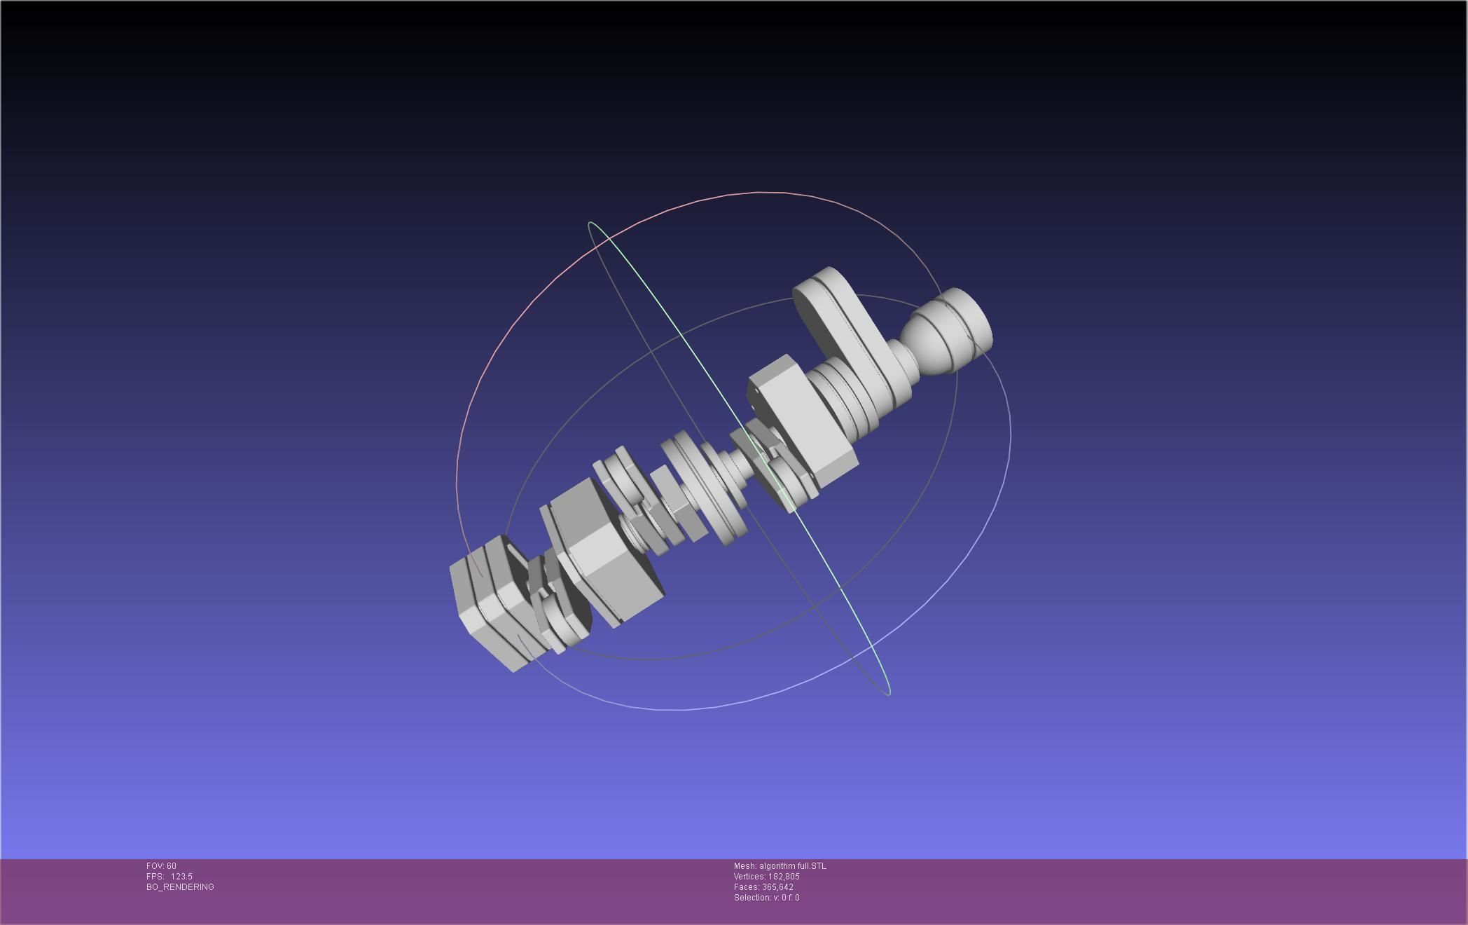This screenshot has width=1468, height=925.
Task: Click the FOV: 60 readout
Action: pyautogui.click(x=161, y=866)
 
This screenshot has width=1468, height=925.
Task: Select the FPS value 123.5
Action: pyautogui.click(x=181, y=877)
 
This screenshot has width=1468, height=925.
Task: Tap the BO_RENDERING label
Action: pyautogui.click(x=180, y=887)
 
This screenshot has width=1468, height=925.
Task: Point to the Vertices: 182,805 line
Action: pyautogui.click(x=766, y=877)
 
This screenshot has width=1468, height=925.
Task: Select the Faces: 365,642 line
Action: pyautogui.click(x=763, y=887)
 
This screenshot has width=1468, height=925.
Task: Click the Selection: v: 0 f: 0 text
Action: pyautogui.click(x=766, y=898)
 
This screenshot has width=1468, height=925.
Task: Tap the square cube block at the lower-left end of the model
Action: pyautogui.click(x=490, y=606)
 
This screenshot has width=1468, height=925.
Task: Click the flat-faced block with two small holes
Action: pyautogui.click(x=798, y=420)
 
